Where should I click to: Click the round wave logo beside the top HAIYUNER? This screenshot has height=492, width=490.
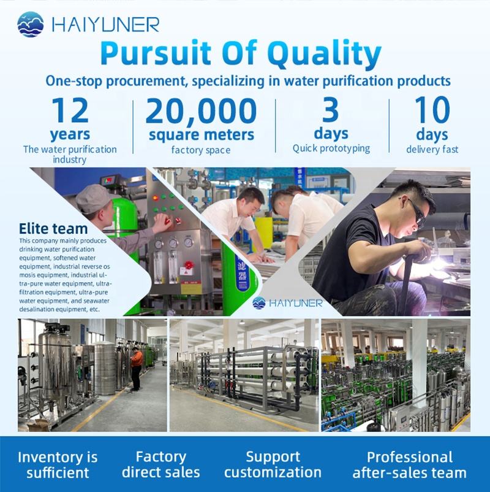pos(31,24)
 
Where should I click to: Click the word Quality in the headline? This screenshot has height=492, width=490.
pos(324,53)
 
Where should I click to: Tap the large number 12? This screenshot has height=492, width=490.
pos(70,110)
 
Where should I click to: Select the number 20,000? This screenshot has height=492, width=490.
pos(201,111)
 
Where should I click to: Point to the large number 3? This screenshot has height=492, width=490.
pos(331,110)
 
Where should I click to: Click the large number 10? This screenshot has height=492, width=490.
pos(432,110)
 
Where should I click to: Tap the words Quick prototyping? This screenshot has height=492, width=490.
pos(331,148)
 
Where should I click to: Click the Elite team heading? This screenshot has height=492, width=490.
pos(53,228)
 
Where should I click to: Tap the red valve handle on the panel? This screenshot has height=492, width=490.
pos(188,264)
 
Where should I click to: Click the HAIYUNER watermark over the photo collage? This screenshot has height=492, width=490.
pos(287,303)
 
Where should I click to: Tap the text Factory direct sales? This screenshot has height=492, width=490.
pos(160,464)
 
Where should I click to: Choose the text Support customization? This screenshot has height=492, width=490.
pos(273,464)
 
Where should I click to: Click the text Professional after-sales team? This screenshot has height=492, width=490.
pos(410,465)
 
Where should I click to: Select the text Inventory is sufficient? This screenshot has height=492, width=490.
pos(58,465)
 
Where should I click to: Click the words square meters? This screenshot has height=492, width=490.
pos(202,135)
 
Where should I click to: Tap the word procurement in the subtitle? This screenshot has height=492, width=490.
pos(146,81)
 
